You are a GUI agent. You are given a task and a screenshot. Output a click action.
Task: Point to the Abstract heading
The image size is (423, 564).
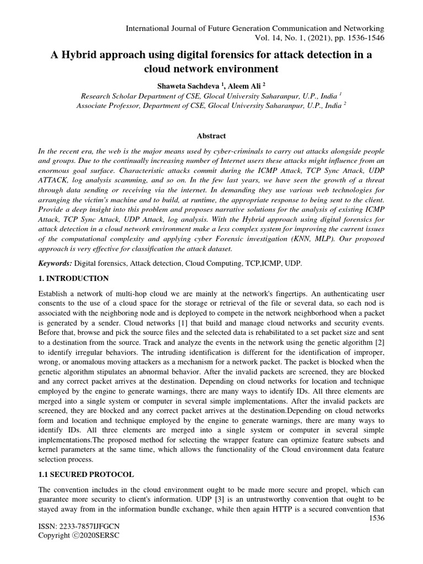coord(211,135)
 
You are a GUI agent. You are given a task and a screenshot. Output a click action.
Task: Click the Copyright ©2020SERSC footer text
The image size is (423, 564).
coord(78,536)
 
